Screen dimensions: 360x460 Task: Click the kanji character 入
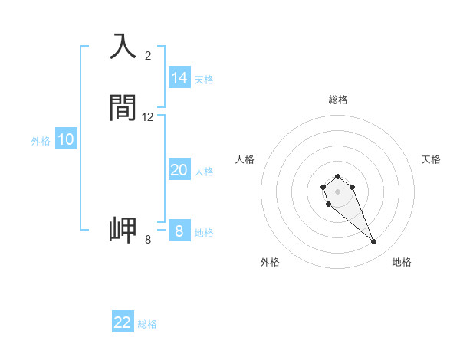click(x=123, y=47)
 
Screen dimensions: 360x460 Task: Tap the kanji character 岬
click(x=123, y=231)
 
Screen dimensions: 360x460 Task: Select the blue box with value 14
click(x=179, y=78)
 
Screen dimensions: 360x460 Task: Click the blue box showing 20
click(x=179, y=171)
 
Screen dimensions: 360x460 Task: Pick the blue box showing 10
click(x=66, y=139)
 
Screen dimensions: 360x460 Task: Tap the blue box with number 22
click(x=123, y=322)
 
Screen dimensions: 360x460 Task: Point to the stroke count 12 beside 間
click(x=148, y=117)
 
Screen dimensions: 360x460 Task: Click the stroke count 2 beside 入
click(x=148, y=56)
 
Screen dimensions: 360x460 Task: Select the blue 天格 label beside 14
click(x=204, y=79)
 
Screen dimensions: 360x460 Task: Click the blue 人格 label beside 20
click(x=204, y=172)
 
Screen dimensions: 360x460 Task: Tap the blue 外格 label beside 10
click(x=41, y=140)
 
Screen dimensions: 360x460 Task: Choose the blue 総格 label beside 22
click(x=147, y=323)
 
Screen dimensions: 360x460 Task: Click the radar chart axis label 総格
click(x=337, y=100)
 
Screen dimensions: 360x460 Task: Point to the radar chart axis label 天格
click(x=431, y=159)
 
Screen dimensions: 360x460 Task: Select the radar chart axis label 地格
click(x=402, y=262)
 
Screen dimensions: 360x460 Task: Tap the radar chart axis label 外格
click(x=270, y=262)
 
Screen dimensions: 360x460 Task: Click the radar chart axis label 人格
click(x=245, y=159)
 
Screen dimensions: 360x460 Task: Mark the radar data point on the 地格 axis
click(x=374, y=242)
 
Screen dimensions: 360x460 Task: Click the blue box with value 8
click(x=179, y=231)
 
